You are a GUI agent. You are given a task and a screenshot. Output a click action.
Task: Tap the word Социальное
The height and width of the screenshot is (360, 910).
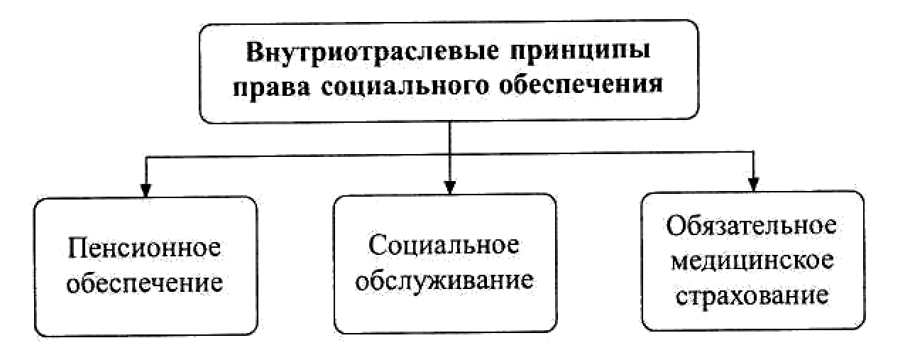click(x=444, y=245)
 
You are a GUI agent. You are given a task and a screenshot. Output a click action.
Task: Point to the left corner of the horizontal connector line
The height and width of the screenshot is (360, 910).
click(x=145, y=153)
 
